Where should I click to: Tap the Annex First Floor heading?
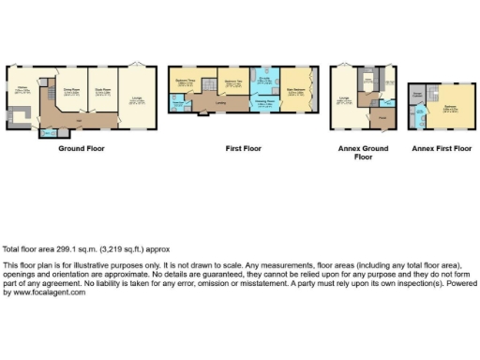(x=441, y=148)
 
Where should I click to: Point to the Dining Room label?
(x=70, y=91)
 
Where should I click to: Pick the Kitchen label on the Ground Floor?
(x=20, y=91)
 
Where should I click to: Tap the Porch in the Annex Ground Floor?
(x=383, y=119)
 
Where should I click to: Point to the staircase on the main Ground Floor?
(x=46, y=111)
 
